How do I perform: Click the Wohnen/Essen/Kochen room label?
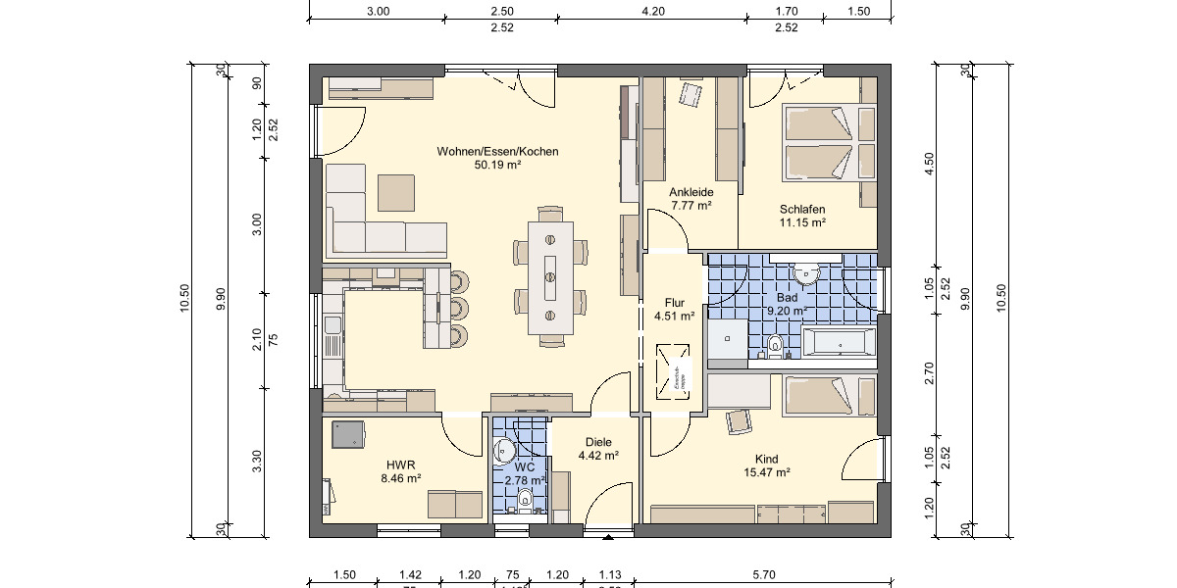tap(497, 152)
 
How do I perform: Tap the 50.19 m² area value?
tap(497, 166)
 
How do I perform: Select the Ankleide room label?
tap(691, 192)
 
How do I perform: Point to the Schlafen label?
tap(802, 210)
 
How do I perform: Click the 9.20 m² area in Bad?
tap(787, 311)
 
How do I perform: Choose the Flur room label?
tap(674, 303)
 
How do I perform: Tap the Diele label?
tap(597, 442)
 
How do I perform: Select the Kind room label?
tap(766, 459)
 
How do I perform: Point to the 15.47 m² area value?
tap(766, 472)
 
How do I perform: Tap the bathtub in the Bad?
tap(839, 342)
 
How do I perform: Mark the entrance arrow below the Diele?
tap(609, 536)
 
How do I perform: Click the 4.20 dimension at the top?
tap(653, 12)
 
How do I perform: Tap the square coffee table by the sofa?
tap(398, 192)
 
